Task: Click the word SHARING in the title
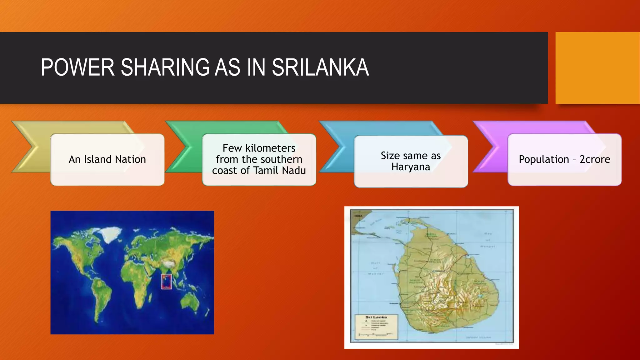pyautogui.click(x=165, y=67)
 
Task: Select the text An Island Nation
pyautogui.click(x=107, y=159)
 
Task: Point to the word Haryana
pyautogui.click(x=411, y=167)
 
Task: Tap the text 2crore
pyautogui.click(x=595, y=159)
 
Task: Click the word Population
pyautogui.click(x=544, y=159)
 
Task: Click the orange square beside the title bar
pyautogui.click(x=597, y=68)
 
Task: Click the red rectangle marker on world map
pyautogui.click(x=167, y=281)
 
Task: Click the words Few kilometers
pyautogui.click(x=259, y=148)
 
